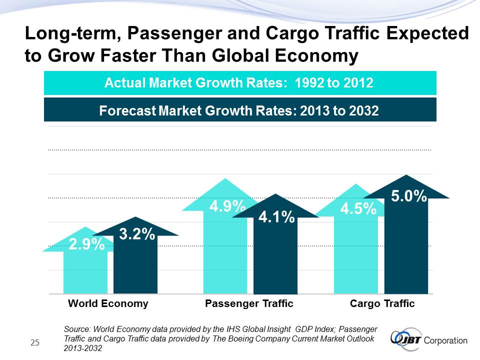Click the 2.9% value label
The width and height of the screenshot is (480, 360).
pyautogui.click(x=86, y=244)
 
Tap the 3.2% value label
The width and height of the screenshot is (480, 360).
pyautogui.click(x=136, y=234)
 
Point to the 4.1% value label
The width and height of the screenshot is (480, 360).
pyautogui.click(x=276, y=217)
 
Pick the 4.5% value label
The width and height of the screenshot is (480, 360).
pyautogui.click(x=358, y=209)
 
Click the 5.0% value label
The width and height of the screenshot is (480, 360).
pyautogui.click(x=408, y=196)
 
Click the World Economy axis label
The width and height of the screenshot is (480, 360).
pyautogui.click(x=108, y=303)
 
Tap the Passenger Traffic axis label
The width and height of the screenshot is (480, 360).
pyautogui.click(x=249, y=303)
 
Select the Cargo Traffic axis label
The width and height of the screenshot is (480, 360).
pyautogui.click(x=382, y=303)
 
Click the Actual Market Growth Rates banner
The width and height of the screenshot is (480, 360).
pyautogui.click(x=240, y=83)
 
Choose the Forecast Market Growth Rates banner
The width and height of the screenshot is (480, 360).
pyautogui.click(x=240, y=110)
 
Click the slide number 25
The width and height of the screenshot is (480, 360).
pyautogui.click(x=35, y=342)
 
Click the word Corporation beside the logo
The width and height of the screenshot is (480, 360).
pyautogui.click(x=445, y=341)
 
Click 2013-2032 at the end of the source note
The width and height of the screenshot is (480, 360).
pyautogui.click(x=83, y=348)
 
